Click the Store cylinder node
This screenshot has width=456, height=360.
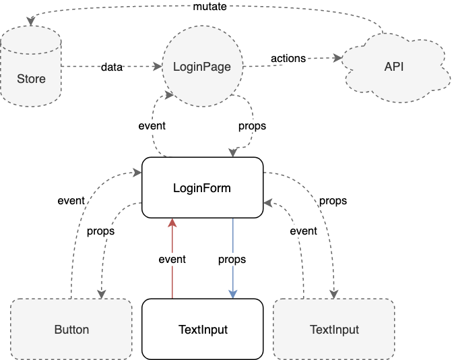tap(31, 66)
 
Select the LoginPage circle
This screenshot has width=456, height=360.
tap(203, 66)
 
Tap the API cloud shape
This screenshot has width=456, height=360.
tap(395, 67)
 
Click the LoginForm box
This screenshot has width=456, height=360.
tap(203, 187)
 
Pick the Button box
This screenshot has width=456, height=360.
tap(71, 329)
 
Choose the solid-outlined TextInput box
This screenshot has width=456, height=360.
tap(203, 329)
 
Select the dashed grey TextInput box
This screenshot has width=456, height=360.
tap(334, 329)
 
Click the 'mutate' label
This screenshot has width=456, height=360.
tap(209, 6)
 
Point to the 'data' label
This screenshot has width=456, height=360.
tap(112, 67)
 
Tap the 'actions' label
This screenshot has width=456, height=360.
tap(288, 59)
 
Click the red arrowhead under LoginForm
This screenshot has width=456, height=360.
tap(172, 222)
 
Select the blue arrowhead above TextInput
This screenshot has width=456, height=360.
tap(232, 294)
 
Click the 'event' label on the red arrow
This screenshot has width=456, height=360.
tap(172, 259)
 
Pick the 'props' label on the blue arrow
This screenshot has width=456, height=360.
tap(232, 260)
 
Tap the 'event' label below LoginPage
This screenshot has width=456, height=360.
tap(152, 125)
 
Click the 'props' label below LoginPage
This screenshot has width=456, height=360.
tap(252, 126)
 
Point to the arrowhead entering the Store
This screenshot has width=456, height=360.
tap(31, 22)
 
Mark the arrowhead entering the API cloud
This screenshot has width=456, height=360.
tap(338, 58)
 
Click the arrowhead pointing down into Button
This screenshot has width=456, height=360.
tap(102, 294)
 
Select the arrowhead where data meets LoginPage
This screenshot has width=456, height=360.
tap(158, 66)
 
